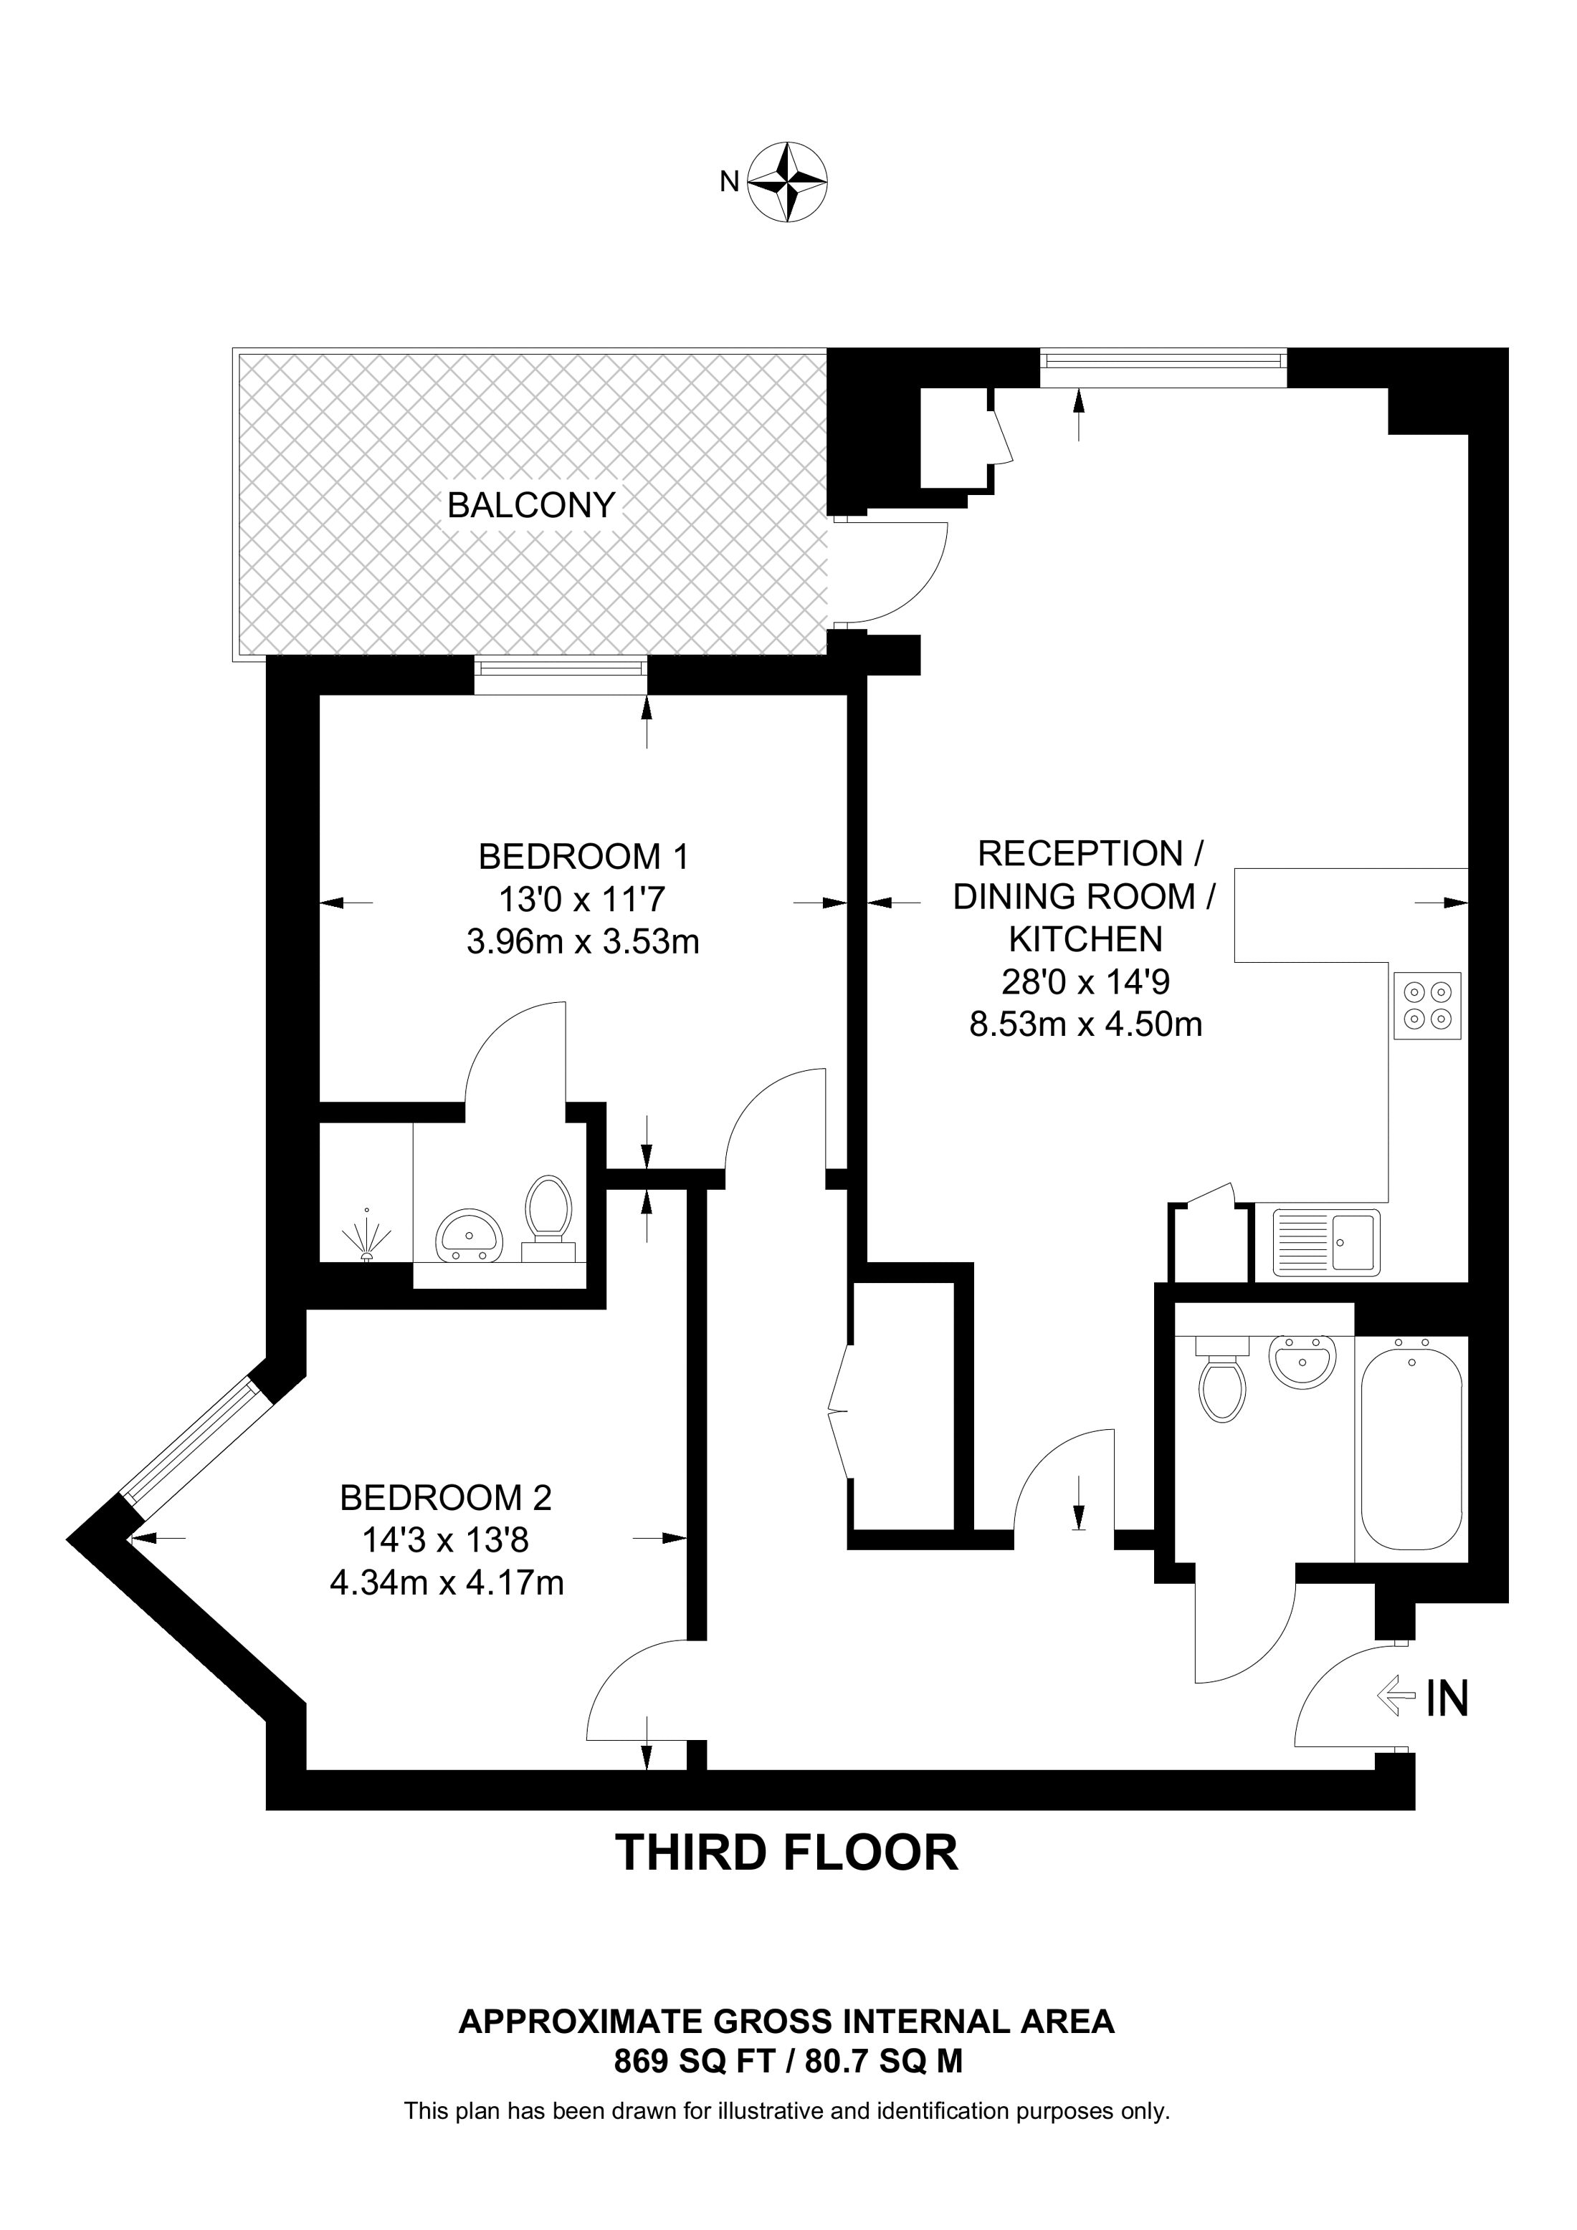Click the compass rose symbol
pos(787,182)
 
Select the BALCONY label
pos(531,505)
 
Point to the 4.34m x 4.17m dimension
pos(447,1583)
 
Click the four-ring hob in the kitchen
pos(1427,1005)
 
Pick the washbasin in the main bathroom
pos(1302,1362)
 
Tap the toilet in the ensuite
pos(548,1214)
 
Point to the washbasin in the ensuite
pos(470,1236)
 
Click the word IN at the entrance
pos(1447,1698)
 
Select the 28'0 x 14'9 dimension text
pos(1085,982)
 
